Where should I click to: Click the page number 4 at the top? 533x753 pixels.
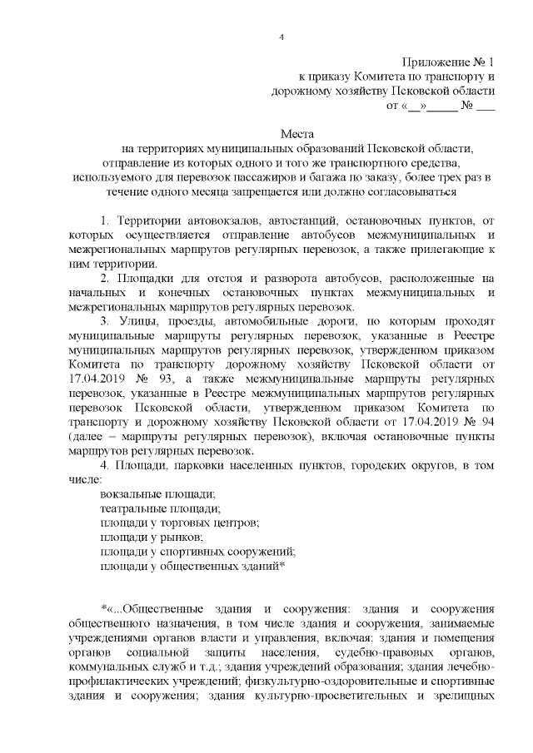tap(281, 37)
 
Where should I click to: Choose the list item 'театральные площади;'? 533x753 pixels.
tap(159, 509)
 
